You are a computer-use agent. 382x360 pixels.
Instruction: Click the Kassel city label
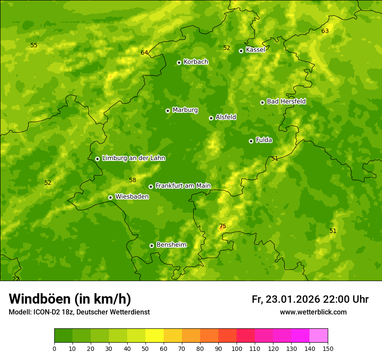(255, 50)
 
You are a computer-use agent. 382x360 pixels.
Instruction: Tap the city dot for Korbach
(179, 62)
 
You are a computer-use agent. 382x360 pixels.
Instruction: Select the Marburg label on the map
(185, 110)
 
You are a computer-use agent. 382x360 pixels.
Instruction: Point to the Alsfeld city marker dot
(211, 118)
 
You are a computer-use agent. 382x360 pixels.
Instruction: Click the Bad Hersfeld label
(286, 101)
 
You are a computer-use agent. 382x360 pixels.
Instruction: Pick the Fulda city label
(264, 140)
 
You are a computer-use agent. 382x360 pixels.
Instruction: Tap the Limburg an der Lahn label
(133, 158)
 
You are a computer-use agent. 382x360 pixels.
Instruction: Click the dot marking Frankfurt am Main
(151, 187)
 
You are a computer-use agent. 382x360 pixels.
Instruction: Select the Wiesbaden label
(132, 196)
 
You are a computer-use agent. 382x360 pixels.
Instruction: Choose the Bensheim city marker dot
(151, 245)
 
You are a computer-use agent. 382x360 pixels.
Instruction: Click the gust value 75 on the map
(223, 226)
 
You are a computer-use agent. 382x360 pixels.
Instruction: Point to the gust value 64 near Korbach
(145, 53)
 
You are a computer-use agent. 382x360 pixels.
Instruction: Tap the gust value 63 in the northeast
(325, 31)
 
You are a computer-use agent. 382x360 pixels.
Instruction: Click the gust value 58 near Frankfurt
(132, 180)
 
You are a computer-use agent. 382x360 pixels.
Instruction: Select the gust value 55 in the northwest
(34, 45)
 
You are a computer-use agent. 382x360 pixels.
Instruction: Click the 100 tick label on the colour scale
(237, 348)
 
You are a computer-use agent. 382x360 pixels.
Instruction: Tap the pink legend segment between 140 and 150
(319, 335)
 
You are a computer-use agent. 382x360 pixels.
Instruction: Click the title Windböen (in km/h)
(70, 299)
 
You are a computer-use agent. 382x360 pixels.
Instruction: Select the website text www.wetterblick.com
(313, 312)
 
